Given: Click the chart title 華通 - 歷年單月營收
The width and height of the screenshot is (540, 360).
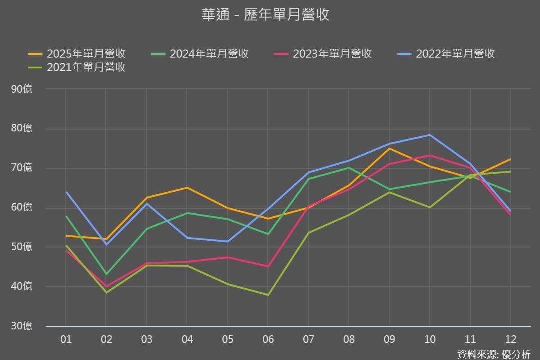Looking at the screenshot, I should pyautogui.click(x=265, y=14).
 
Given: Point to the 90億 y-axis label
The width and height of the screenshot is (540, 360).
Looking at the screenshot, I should pyautogui.click(x=22, y=89).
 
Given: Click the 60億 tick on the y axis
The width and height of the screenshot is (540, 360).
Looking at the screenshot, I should pyautogui.click(x=22, y=207).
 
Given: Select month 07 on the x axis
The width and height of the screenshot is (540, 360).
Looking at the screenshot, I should pyautogui.click(x=308, y=339).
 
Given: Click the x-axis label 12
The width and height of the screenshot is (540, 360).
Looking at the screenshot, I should pyautogui.click(x=511, y=339).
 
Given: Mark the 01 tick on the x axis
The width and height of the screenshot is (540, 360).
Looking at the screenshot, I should pyautogui.click(x=66, y=339).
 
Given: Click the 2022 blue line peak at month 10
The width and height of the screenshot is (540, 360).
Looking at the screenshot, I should pyautogui.click(x=430, y=135).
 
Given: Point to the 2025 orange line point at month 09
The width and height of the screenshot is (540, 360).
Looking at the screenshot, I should pyautogui.click(x=389, y=148).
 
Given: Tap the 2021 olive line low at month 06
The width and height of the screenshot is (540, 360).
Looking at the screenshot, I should pyautogui.click(x=268, y=295).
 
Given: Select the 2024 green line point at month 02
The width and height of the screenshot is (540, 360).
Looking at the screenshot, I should pyautogui.click(x=106, y=274).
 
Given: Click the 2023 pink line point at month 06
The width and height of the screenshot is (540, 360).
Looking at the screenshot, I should pyautogui.click(x=268, y=266).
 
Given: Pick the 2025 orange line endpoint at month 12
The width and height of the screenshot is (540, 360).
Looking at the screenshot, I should pyautogui.click(x=510, y=159).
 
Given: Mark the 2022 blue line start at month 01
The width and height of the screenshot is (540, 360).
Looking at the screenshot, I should pyautogui.click(x=66, y=192).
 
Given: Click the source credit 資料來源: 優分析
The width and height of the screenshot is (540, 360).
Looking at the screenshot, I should pyautogui.click(x=494, y=354).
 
